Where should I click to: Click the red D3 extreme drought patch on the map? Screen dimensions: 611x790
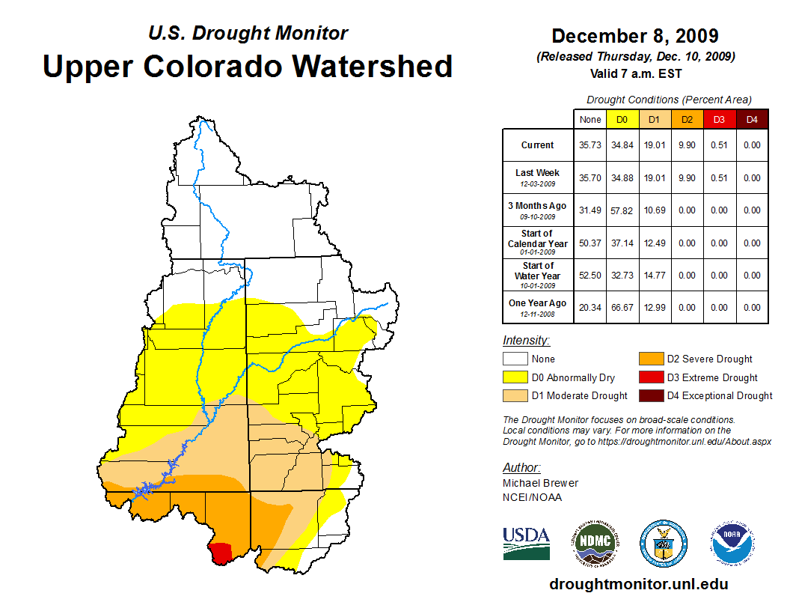(x=221, y=553)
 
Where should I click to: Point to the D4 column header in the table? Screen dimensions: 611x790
(x=752, y=119)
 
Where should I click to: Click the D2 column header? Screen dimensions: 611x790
(x=688, y=119)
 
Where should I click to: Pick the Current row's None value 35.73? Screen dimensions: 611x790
(x=590, y=145)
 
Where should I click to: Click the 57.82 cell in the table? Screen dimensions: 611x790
(x=622, y=210)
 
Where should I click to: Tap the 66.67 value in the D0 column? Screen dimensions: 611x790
(x=622, y=308)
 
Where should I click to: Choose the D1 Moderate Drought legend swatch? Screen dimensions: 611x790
(x=515, y=395)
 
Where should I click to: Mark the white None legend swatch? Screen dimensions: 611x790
(x=515, y=359)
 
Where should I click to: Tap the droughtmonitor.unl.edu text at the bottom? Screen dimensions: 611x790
(x=638, y=584)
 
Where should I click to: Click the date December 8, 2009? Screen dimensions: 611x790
(x=635, y=36)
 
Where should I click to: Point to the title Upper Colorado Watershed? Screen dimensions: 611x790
(x=248, y=66)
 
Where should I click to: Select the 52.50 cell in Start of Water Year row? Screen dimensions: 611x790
(x=590, y=276)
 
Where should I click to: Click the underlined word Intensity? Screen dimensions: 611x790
(x=526, y=341)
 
